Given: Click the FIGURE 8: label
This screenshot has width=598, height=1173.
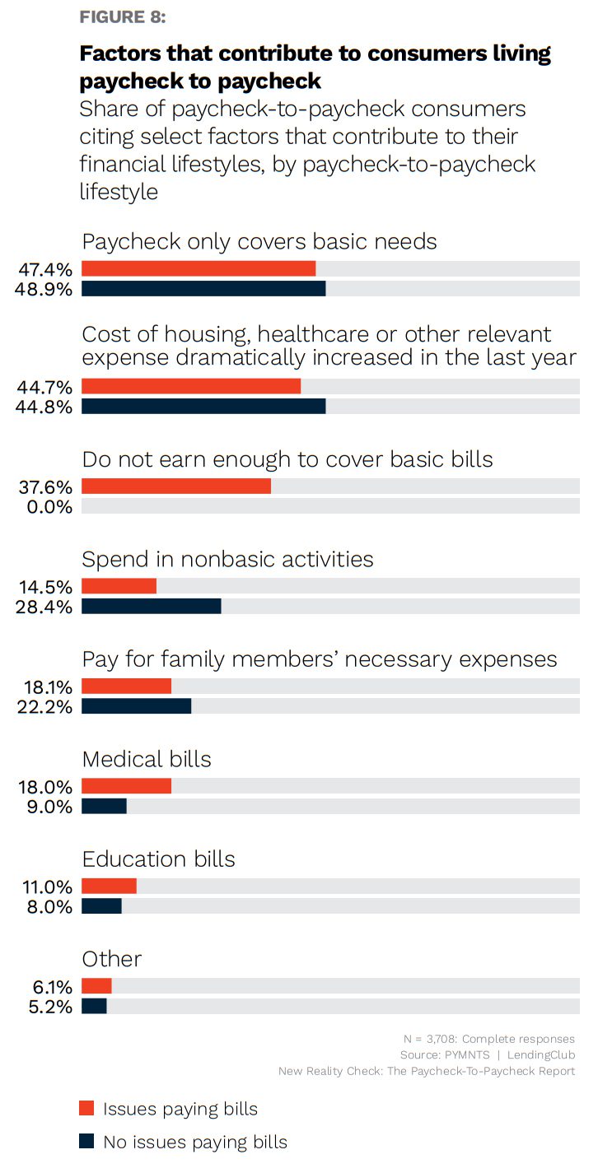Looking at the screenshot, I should tap(122, 17).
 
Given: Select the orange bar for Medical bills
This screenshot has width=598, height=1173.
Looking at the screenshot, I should tap(126, 786).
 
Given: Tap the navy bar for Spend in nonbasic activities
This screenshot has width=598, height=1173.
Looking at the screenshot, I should tap(151, 607).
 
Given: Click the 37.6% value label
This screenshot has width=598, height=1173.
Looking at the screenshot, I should tap(45, 486).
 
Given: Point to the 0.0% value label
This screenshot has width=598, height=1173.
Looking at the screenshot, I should tap(49, 507).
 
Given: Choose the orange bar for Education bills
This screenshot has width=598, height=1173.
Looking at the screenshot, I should tap(109, 887).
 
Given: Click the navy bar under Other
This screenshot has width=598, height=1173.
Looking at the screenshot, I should tap(94, 1006).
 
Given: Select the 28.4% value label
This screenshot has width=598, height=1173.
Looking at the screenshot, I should tap(45, 607).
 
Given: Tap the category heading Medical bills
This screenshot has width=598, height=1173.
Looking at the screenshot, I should tap(147, 759).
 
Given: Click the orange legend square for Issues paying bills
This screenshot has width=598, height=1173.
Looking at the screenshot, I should tap(86, 1108).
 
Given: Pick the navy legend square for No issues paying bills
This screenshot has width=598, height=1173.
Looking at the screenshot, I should tap(86, 1142).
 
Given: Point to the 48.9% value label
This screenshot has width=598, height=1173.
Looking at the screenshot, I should tap(45, 289).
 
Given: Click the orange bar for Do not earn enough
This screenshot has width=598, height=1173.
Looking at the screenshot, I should tap(175, 486).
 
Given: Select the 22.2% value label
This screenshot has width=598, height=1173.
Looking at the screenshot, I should tap(45, 706).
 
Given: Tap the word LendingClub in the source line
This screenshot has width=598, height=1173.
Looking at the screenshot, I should tap(541, 1054).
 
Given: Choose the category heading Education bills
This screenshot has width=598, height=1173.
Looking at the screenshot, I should tap(158, 859).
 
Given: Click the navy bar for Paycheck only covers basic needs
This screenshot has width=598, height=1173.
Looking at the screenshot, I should tap(203, 288).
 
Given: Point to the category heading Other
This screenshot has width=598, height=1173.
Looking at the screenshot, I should tap(111, 959).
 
